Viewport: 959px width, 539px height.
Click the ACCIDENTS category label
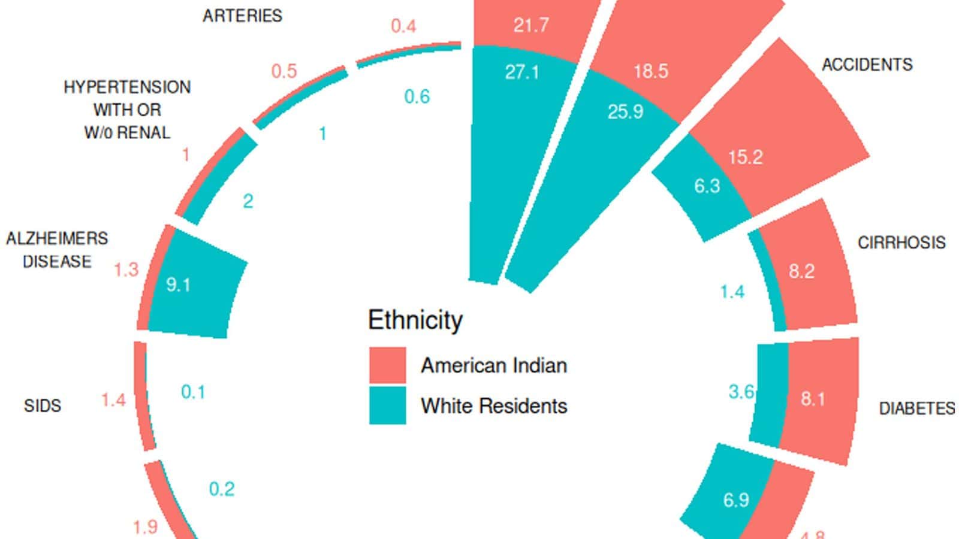[x=867, y=65]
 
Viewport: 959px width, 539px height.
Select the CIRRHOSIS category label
[x=901, y=243]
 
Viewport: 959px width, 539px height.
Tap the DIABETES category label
[x=916, y=408]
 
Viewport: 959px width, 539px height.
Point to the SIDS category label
[x=43, y=406]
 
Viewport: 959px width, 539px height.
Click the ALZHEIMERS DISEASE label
[x=57, y=250]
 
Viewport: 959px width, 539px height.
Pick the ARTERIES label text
[x=242, y=16]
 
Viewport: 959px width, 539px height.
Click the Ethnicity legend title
[x=415, y=320]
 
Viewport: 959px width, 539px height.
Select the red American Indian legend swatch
[x=387, y=365]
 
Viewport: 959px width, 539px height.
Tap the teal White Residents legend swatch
[x=387, y=405]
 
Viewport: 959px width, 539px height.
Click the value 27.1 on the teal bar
[x=521, y=72]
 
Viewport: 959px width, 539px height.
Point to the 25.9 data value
[x=625, y=111]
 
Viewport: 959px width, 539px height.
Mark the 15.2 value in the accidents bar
[x=745, y=157]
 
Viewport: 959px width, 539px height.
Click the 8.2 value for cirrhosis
[x=801, y=271]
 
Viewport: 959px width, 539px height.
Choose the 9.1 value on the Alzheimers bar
[x=178, y=284]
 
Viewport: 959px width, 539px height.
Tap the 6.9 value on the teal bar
[x=736, y=499]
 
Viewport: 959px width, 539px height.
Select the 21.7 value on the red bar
[x=531, y=25]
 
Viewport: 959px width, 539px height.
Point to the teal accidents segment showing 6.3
[x=707, y=186]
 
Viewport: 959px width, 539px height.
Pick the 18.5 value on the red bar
[x=651, y=71]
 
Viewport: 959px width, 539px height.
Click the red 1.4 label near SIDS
[x=113, y=399]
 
